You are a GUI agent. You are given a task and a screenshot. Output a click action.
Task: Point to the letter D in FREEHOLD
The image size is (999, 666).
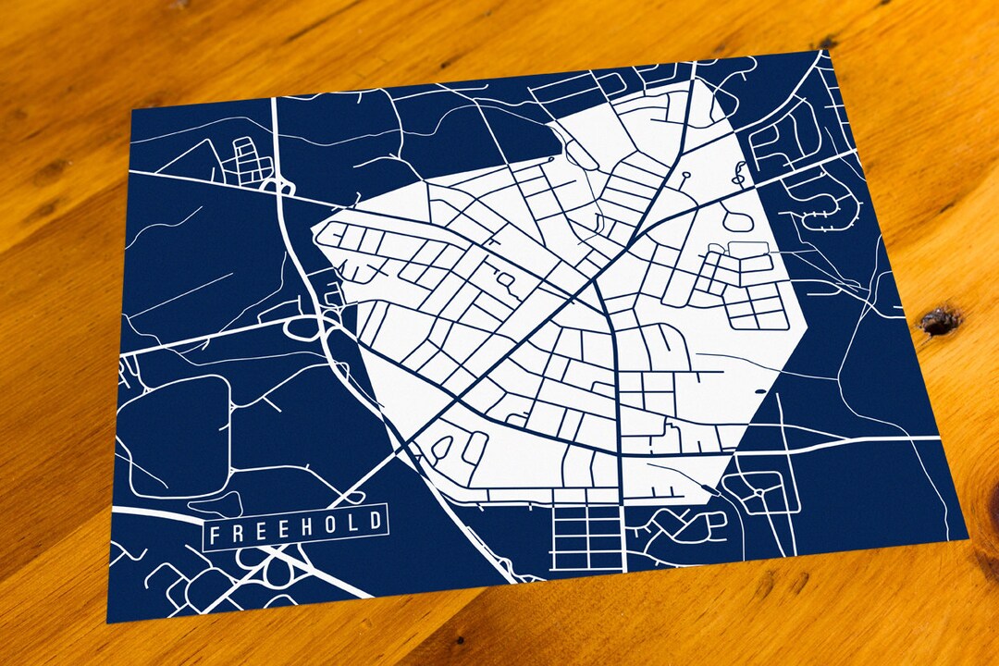point(374,521)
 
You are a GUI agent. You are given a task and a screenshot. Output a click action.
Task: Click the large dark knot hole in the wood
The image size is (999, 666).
point(940,320)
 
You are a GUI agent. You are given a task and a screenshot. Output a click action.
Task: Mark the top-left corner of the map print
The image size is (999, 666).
point(131,109)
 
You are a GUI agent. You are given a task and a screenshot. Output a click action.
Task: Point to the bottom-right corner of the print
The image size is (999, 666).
point(967,537)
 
